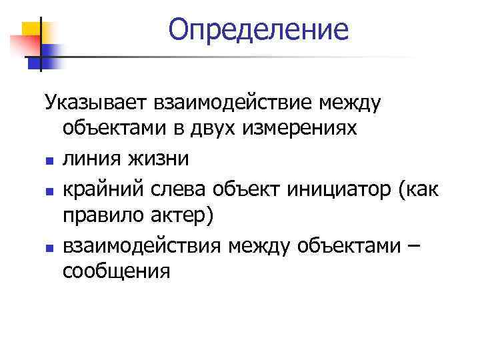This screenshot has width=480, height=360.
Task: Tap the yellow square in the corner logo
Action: pyautogui.click(x=35, y=30)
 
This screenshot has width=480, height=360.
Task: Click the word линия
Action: pyautogui.click(x=90, y=159)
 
